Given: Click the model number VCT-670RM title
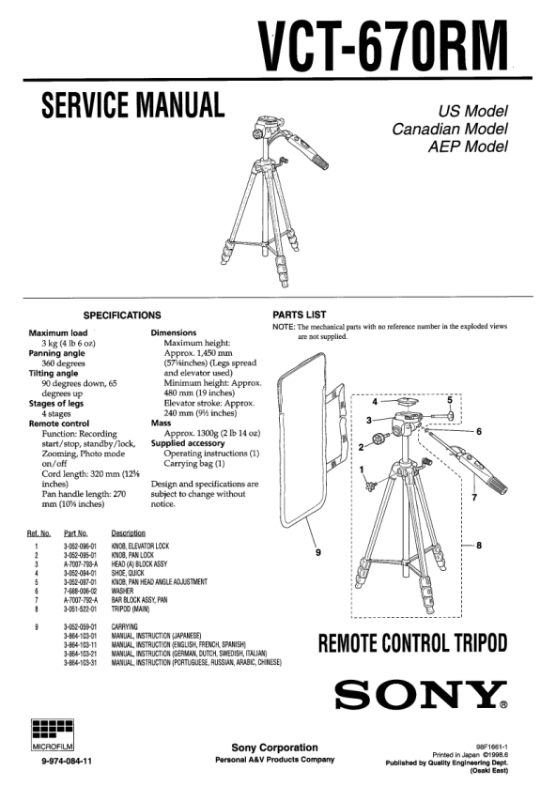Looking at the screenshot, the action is coord(383,46).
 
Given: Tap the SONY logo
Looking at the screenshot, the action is coord(421,694).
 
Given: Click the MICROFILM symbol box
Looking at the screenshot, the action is coord(53,735).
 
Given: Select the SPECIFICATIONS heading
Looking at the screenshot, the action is coord(122,316).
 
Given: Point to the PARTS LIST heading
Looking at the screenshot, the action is coord(300,315).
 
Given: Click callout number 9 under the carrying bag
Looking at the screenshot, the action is coord(317,553).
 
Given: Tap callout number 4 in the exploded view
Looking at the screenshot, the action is coord(375,402).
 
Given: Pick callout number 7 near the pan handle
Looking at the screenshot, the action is coord(474,498).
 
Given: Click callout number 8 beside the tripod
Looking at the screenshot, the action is coord(479,546).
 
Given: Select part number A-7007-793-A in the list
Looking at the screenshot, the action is coord(80,564).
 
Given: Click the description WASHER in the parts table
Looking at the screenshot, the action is coord(122,591).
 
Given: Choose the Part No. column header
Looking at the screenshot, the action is coord(76,533).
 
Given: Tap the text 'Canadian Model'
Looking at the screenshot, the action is coord(450,129).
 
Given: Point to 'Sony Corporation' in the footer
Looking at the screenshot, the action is coord(275,747).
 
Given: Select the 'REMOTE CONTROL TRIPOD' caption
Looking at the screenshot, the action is coord(413,643).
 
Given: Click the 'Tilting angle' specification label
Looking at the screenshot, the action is coord(54,374).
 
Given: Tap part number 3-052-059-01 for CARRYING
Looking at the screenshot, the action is coord(80,626).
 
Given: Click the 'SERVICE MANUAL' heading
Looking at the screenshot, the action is coord(132,105).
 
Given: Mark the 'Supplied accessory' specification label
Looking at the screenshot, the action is coord(188,443).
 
